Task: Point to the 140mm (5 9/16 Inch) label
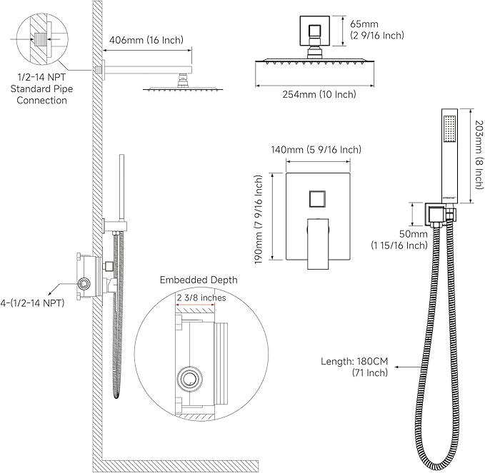point(316,150)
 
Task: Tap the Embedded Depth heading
point(198,280)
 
